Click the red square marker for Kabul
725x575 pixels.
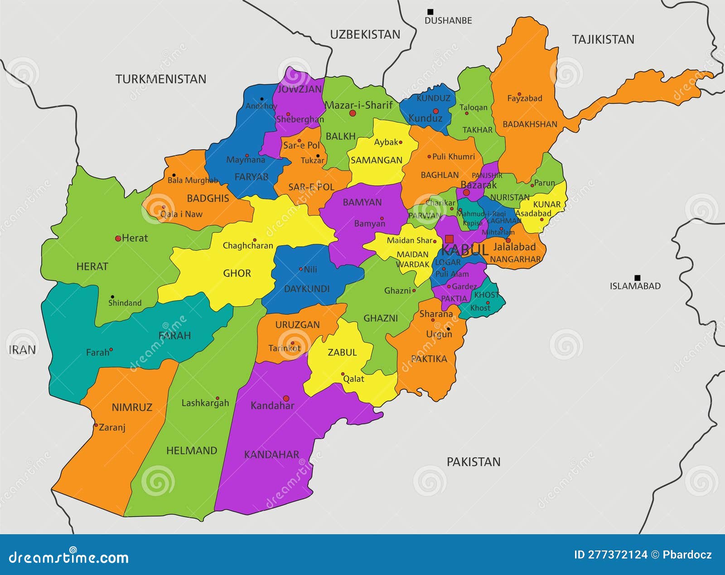click(449, 239)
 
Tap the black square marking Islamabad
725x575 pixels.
click(637, 278)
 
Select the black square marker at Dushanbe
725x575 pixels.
click(430, 12)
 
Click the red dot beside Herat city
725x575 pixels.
click(118, 238)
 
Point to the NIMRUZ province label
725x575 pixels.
click(132, 407)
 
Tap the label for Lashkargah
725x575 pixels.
click(205, 403)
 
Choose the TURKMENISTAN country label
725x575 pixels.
click(160, 79)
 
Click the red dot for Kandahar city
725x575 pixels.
click(286, 398)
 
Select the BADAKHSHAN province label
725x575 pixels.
click(530, 124)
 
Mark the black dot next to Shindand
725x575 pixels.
click(112, 297)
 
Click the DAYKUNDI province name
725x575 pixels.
click(307, 289)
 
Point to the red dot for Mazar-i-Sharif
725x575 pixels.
click(353, 113)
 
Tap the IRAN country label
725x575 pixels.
click(22, 350)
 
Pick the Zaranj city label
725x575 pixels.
click(112, 427)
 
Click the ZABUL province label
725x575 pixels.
click(342, 353)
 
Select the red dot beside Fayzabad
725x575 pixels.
click(519, 94)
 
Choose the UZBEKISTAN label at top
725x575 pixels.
click(365, 34)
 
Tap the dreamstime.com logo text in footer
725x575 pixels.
click(69, 557)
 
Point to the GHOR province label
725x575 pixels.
click(237, 273)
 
